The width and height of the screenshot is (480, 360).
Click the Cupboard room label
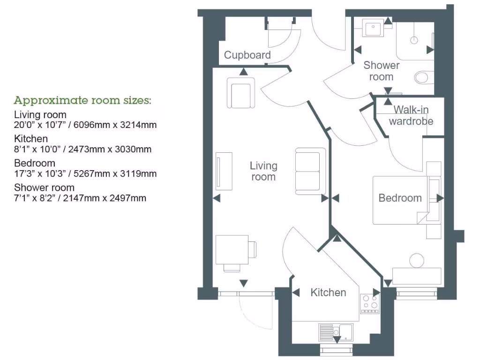(x=247, y=55)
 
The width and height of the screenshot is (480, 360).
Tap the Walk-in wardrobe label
(x=411, y=115)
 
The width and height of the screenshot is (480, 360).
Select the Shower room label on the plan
(x=381, y=71)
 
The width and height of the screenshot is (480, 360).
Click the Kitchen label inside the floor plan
(x=328, y=292)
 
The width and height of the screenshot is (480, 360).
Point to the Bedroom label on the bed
(x=400, y=198)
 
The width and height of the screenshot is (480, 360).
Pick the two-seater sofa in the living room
(x=310, y=171)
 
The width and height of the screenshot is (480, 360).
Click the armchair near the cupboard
(x=241, y=92)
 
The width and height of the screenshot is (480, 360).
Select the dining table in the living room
(x=232, y=250)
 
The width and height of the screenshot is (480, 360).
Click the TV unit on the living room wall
(x=223, y=171)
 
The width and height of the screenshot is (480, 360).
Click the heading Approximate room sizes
(x=82, y=100)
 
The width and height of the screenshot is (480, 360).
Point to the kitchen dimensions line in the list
(x=83, y=150)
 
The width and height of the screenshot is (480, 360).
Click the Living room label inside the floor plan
(x=263, y=171)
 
